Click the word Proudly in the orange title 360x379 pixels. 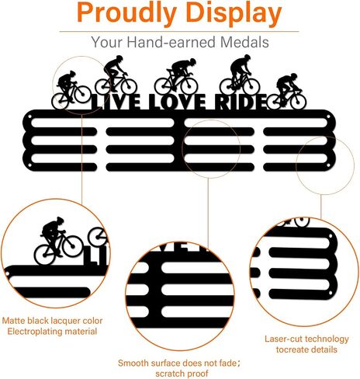pyautogui.click(x=126, y=12)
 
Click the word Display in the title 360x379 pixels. pyautogui.click(x=234, y=12)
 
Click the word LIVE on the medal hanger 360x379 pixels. pyautogui.click(x=116, y=102)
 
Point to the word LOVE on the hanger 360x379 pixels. pyautogui.click(x=178, y=102)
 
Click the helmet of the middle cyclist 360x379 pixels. pyautogui.click(x=192, y=61)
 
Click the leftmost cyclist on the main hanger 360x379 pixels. pyautogui.click(x=71, y=89)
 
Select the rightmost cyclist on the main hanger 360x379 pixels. pyautogui.click(x=286, y=91)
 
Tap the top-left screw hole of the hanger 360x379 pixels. pyautogui.click(x=29, y=116)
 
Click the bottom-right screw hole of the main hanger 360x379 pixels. pyautogui.click(x=328, y=165)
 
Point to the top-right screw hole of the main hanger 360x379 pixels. pyautogui.click(x=328, y=117)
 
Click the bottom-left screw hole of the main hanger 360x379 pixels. pyautogui.click(x=29, y=165)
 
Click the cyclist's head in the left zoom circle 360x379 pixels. pyautogui.click(x=60, y=221)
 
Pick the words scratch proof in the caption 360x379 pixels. pyautogui.click(x=182, y=374)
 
